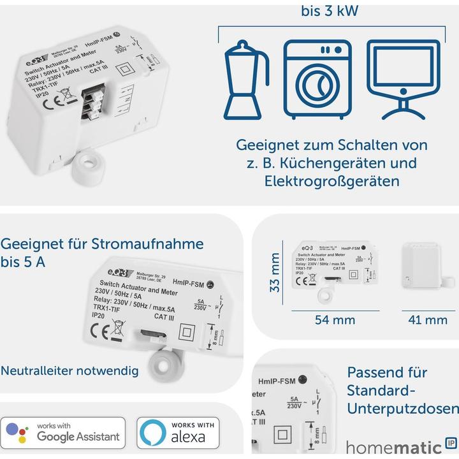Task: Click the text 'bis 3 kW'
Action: click(x=329, y=11)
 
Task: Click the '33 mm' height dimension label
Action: click(x=275, y=272)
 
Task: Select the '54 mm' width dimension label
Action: click(x=335, y=319)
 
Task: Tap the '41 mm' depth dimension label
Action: click(x=427, y=319)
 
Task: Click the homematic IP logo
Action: click(x=402, y=446)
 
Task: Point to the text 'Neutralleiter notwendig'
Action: click(x=69, y=370)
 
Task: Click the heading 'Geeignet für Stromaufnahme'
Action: click(x=102, y=244)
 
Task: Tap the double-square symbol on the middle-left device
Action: click(x=187, y=332)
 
